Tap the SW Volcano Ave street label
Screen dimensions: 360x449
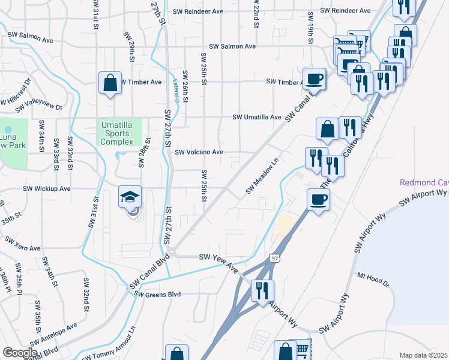coord(199,152)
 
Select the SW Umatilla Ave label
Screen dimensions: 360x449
coord(257,118)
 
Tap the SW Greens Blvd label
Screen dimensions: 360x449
coord(158,294)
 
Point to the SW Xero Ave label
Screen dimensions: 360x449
coord(23,244)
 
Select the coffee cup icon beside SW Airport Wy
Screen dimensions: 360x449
coord(318,200)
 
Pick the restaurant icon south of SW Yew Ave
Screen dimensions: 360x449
coord(262,291)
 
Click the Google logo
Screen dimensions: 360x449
coord(20,353)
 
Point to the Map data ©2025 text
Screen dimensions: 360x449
coord(423,355)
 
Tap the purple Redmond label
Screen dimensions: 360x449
coord(424,182)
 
